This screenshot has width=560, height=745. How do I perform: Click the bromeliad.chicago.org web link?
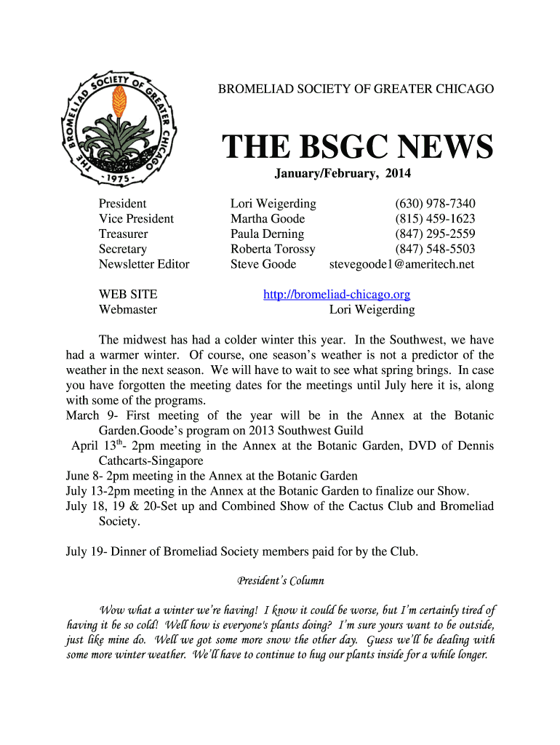click(x=336, y=295)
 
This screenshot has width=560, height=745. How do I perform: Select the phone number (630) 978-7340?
click(x=435, y=204)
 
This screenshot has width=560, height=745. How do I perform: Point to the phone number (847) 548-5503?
click(x=435, y=249)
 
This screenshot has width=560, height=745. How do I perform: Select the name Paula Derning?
click(x=267, y=234)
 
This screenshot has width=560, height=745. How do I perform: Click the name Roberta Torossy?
click(x=273, y=249)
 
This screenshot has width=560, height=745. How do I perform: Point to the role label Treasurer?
click(x=123, y=234)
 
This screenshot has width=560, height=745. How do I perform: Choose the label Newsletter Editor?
click(x=143, y=264)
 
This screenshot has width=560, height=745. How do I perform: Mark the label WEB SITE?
click(x=127, y=295)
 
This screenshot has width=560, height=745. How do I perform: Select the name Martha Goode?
click(x=268, y=219)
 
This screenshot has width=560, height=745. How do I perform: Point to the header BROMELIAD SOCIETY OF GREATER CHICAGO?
click(x=356, y=89)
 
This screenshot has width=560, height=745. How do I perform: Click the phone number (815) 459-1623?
click(x=435, y=219)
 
